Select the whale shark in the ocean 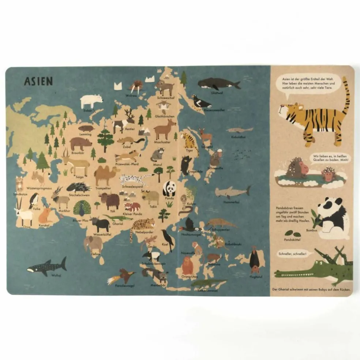pyautogui.click(x=47, y=267)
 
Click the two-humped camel pyautogui.click(x=106, y=175)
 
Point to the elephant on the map pyautogui.click(x=93, y=244)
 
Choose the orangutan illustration pyautogui.click(x=187, y=265)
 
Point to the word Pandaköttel pyautogui.click(x=292, y=240)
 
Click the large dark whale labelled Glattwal pyautogui.click(x=218, y=84)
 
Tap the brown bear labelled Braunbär pyautogui.click(x=81, y=144)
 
